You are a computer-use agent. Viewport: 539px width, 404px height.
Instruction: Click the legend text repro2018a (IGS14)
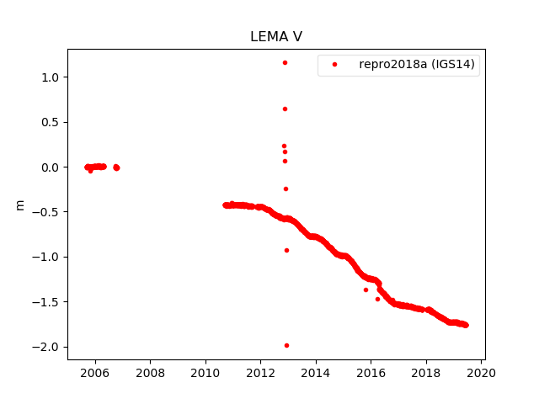[x=419, y=65]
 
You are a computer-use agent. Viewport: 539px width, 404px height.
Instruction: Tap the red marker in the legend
[x=334, y=65]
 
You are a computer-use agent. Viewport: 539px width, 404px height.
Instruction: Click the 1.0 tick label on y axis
[x=50, y=77]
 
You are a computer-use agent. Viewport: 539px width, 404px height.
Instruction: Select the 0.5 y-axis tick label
[x=50, y=122]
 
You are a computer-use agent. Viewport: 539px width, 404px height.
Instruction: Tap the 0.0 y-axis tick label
[x=50, y=167]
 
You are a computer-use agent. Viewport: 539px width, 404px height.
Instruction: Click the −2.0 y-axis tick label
[x=46, y=347]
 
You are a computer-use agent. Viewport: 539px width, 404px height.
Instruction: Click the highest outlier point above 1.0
[x=285, y=62]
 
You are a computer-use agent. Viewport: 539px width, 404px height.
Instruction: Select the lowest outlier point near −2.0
[x=286, y=345]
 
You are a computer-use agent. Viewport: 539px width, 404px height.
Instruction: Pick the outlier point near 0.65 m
[x=285, y=109]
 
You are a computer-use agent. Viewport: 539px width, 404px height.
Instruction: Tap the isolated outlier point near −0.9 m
[x=286, y=250]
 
